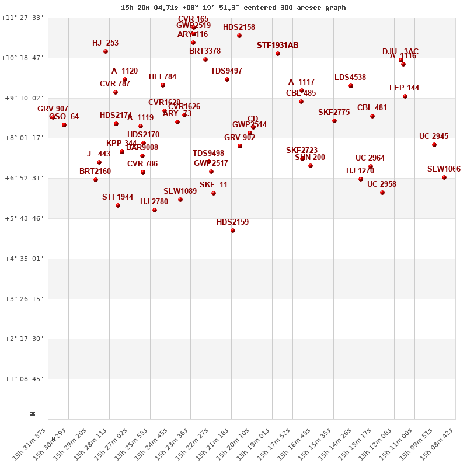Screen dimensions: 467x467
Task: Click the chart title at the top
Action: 233,8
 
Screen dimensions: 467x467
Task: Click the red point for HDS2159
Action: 233,231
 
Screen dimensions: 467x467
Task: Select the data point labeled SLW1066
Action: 444,177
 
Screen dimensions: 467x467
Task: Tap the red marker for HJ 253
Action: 106,51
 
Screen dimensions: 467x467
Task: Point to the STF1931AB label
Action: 277,45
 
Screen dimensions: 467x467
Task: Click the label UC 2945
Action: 434,137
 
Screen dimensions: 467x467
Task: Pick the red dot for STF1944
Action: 118,205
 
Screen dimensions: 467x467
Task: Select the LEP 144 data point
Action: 405,96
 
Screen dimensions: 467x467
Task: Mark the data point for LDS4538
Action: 351,86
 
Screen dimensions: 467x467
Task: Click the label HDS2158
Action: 239,27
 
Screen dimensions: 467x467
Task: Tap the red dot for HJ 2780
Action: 155,210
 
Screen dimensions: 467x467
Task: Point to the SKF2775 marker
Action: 334,121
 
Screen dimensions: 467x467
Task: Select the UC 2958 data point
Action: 382,193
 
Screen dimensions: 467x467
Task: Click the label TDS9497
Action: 226,71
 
